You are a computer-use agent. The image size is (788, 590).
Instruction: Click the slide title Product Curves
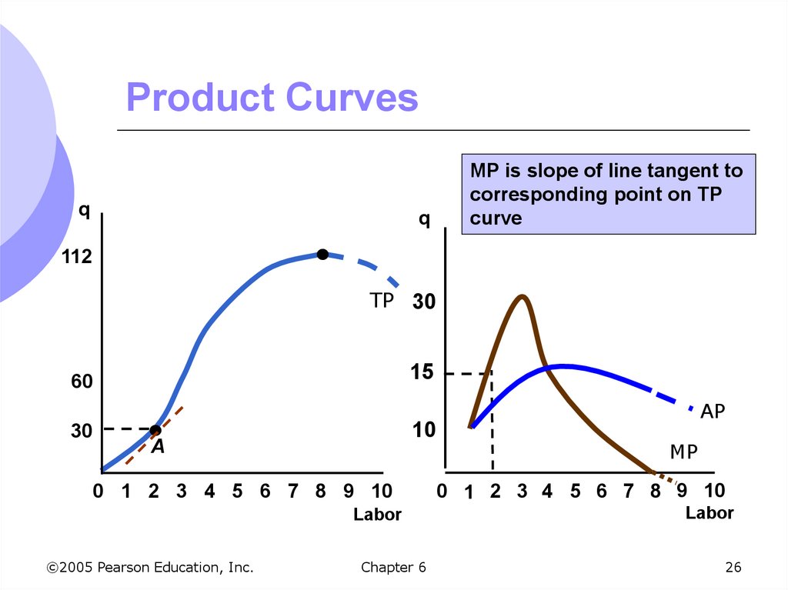272,98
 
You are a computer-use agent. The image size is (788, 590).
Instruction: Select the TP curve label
381,301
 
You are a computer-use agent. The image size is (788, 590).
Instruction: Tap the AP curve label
713,412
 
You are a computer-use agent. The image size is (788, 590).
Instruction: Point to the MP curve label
683,452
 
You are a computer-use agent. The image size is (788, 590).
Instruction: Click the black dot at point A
155,430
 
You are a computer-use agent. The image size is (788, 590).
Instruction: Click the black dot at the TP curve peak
322,255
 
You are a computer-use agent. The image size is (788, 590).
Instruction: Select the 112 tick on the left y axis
77,258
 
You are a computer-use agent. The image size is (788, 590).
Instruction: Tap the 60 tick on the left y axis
82,382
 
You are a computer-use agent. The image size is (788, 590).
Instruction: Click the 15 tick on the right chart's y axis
423,373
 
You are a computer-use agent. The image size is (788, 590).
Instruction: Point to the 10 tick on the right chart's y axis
423,431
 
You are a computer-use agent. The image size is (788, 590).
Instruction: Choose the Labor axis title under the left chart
377,515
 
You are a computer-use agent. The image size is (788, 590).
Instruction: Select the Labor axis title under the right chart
710,513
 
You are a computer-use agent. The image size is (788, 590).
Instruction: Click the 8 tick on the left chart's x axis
321,492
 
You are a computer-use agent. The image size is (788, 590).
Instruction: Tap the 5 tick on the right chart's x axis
575,492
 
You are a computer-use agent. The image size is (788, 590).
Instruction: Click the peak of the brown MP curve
522,296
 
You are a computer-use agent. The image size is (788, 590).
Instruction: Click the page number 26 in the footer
733,568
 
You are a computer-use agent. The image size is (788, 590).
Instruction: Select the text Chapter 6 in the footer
392,568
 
